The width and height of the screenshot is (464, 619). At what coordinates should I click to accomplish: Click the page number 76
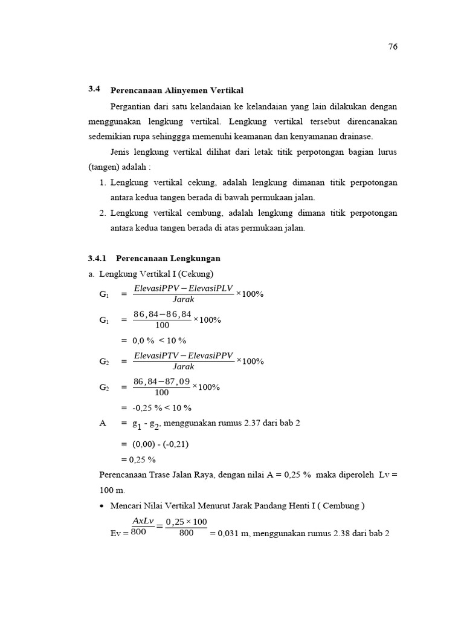click(393, 47)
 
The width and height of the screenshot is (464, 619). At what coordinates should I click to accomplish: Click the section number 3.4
click(94, 89)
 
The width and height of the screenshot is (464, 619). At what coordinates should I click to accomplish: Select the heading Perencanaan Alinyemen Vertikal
click(176, 90)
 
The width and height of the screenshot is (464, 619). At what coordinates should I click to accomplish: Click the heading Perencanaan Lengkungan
click(168, 258)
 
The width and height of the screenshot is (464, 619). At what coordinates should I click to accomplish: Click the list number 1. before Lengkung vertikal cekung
click(102, 182)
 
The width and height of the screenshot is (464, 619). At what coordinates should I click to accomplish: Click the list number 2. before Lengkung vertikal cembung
click(102, 213)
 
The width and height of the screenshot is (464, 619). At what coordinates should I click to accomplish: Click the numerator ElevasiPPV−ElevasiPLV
click(183, 288)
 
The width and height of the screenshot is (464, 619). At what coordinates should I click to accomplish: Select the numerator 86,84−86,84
click(162, 314)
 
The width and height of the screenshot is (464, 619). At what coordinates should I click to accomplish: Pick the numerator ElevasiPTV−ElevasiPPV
click(183, 355)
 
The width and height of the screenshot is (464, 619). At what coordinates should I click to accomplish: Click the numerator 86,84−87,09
click(162, 381)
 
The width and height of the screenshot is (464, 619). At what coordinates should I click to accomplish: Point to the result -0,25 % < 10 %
click(160, 407)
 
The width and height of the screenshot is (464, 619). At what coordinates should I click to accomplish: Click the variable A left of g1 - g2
click(102, 423)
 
